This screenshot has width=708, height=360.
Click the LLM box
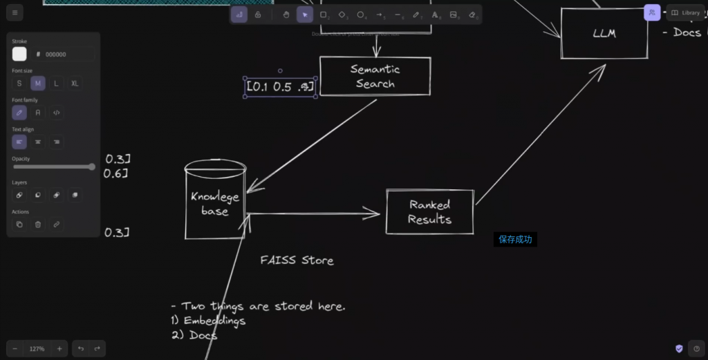click(x=604, y=33)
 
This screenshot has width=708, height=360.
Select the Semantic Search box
click(x=375, y=76)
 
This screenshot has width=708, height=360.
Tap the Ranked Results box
click(x=429, y=212)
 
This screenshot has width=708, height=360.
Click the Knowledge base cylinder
click(x=215, y=203)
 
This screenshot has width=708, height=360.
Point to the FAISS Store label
click(x=297, y=260)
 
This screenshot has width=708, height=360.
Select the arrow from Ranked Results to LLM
click(x=539, y=135)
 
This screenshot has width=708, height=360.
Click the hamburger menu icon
click(x=15, y=12)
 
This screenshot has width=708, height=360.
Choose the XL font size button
click(x=75, y=83)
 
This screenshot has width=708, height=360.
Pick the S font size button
click(x=19, y=83)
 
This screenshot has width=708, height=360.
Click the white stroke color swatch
click(x=19, y=54)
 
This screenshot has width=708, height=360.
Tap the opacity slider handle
click(x=92, y=167)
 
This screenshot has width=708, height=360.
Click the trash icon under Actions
click(x=38, y=224)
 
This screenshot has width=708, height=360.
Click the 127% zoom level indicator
click(x=37, y=349)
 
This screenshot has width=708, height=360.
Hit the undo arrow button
click(x=81, y=349)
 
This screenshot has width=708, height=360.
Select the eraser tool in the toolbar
click(x=472, y=15)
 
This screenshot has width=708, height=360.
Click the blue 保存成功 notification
click(x=515, y=240)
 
